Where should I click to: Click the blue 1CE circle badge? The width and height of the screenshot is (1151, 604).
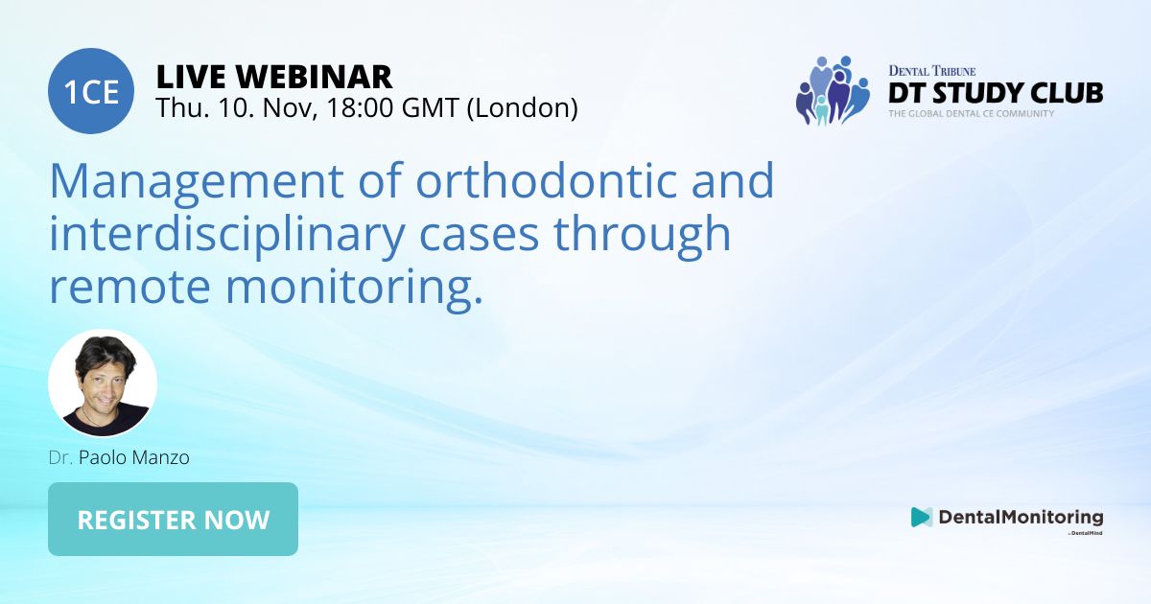[x=91, y=91]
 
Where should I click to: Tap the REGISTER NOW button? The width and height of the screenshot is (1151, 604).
[x=173, y=520]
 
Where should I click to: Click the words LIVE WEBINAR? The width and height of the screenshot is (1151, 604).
[x=273, y=76]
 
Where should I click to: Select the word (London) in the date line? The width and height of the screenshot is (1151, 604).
[x=522, y=108]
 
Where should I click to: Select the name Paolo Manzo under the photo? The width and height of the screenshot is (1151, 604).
[x=134, y=457]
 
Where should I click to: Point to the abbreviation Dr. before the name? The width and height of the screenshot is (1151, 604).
[x=60, y=457]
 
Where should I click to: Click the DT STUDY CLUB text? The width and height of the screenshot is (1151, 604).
[x=995, y=93]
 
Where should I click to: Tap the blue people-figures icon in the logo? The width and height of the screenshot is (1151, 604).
[x=831, y=91]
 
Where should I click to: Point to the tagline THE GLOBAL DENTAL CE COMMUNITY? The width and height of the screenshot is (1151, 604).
[x=971, y=114]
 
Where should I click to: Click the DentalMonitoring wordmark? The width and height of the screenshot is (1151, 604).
[x=1020, y=517]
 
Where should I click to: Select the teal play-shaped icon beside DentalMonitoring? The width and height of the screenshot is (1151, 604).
[x=921, y=517]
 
